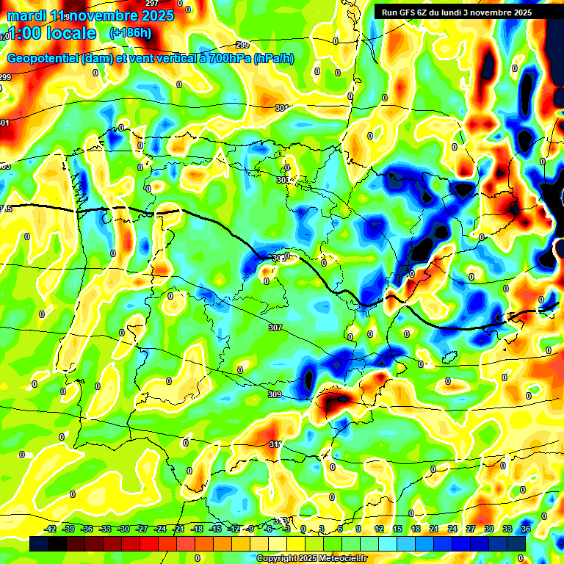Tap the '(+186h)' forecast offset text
point(130,33)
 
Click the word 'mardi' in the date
point(25,15)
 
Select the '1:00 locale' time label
point(51,33)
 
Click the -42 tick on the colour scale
point(51,529)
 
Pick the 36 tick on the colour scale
point(526,529)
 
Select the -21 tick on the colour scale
point(178,529)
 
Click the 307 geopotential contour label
point(275,328)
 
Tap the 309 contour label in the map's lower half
point(274,395)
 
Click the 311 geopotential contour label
point(275,444)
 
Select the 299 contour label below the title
point(242,46)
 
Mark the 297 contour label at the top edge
point(152,4)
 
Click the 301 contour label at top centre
point(281,108)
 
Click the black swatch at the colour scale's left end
point(39,543)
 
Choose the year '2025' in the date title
point(157,15)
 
